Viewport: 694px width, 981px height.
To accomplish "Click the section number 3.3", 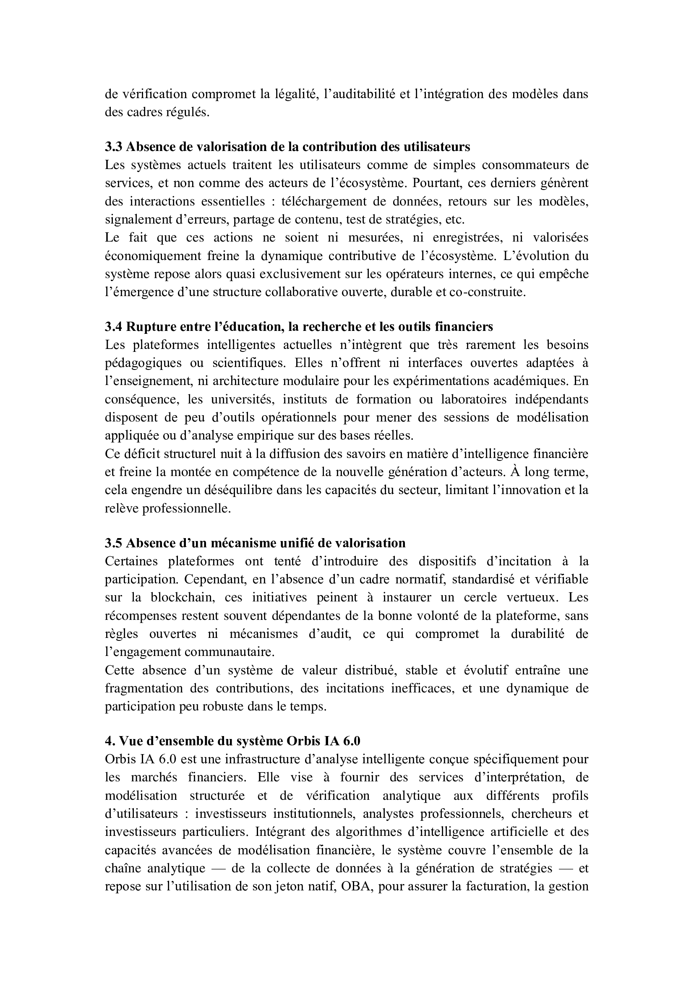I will [x=114, y=146].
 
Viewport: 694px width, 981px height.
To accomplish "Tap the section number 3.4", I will [x=114, y=326].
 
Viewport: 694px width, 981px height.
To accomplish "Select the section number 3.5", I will [x=114, y=543].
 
